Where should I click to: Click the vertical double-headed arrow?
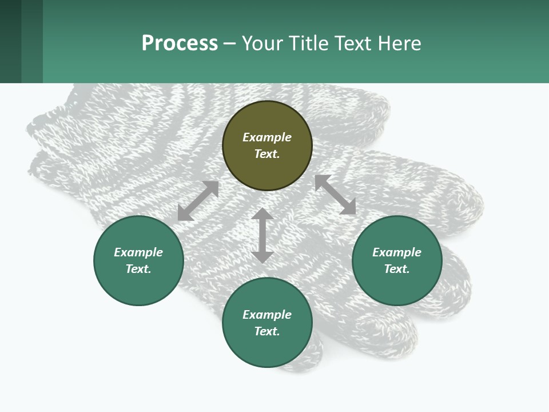[262, 236]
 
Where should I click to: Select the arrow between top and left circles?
[198, 201]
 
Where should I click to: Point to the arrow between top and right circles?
[335, 195]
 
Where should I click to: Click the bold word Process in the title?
[180, 43]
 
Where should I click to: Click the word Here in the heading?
[400, 43]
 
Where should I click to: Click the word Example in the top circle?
[267, 137]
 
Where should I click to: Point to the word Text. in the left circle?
[138, 269]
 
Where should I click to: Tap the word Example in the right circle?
[397, 252]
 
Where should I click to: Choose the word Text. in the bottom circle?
[267, 331]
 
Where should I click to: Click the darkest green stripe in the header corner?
[10, 41]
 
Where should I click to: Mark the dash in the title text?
[229, 44]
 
